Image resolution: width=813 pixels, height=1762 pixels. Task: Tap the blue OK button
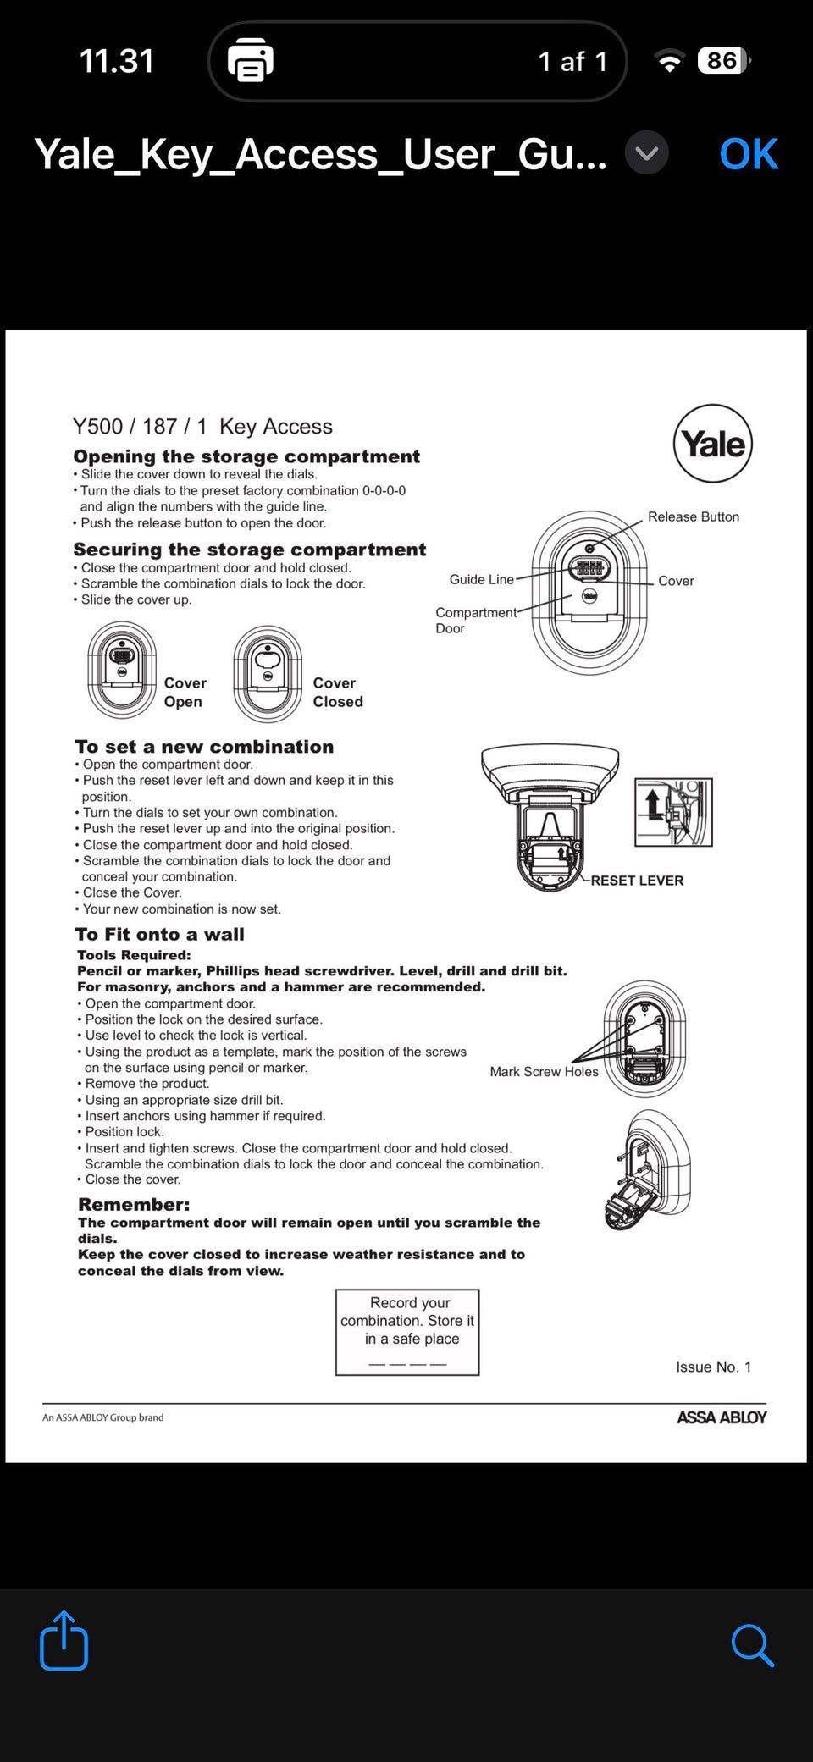748,154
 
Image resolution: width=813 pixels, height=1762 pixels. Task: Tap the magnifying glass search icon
752,1645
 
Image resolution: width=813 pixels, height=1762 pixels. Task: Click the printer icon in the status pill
250,61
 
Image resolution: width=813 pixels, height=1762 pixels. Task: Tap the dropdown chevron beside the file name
647,153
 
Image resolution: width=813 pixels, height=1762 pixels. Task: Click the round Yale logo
712,443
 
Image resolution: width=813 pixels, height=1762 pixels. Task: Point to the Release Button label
693,516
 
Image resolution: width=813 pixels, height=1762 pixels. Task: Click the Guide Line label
481,579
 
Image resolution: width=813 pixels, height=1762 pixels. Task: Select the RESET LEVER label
637,881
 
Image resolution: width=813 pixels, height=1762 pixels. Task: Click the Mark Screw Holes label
544,1071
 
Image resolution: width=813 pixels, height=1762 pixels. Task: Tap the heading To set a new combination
204,747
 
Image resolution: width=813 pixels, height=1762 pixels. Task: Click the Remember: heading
134,1204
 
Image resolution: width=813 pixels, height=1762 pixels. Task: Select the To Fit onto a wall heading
159,934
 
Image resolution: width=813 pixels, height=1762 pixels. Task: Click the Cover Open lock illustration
122,670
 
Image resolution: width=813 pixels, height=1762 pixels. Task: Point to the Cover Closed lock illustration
268,674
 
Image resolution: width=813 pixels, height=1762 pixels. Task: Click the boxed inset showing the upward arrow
673,812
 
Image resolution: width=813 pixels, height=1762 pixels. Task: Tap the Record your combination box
407,1332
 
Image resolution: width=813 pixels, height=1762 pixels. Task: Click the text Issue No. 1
713,1367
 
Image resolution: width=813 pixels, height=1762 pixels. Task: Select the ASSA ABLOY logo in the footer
722,1417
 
